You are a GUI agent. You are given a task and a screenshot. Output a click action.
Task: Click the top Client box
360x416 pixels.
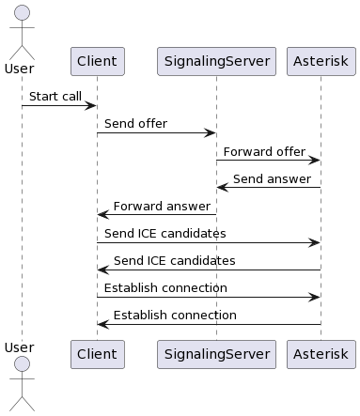click(98, 61)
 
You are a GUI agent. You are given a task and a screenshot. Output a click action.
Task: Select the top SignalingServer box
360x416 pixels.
click(216, 61)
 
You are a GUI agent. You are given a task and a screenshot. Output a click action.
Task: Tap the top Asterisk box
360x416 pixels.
click(321, 61)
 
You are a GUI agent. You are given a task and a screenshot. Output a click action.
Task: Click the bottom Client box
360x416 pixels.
click(98, 354)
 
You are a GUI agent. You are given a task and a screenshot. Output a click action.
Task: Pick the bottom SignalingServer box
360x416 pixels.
click(216, 354)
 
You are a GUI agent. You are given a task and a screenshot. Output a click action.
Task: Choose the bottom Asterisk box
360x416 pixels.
click(321, 354)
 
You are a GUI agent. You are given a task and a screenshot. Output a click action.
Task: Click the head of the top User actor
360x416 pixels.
click(22, 12)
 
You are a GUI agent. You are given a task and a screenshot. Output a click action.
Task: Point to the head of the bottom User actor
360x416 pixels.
click(22, 363)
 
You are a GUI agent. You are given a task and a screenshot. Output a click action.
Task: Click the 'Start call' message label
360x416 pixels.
click(55, 97)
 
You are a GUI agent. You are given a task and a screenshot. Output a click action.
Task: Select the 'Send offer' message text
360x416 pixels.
click(135, 124)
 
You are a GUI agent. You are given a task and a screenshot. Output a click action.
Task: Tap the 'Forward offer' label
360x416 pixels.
click(264, 151)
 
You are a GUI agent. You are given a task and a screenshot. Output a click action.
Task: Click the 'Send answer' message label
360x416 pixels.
click(272, 178)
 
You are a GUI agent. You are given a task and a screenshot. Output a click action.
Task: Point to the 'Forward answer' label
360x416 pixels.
click(162, 207)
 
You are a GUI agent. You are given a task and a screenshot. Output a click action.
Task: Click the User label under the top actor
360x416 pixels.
click(20, 69)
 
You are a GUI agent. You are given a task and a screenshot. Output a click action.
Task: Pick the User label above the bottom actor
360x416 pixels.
click(20, 347)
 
